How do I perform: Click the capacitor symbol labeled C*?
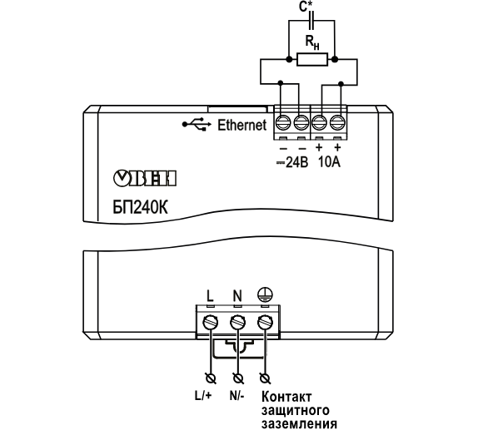click(311, 21)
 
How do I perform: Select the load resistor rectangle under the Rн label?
click(312, 59)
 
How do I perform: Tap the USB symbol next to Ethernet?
click(197, 124)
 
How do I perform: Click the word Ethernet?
click(242, 125)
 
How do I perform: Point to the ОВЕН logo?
click(145, 179)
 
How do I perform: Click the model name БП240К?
click(140, 208)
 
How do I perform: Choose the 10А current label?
click(329, 162)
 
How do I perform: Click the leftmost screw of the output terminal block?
click(283, 123)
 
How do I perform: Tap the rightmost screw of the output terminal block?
click(337, 123)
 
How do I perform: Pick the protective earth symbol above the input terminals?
click(265, 294)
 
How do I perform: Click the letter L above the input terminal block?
click(210, 295)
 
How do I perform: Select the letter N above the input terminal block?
click(237, 295)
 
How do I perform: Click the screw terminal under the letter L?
click(211, 323)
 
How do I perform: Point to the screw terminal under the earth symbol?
click(265, 323)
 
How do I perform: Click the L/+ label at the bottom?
click(203, 396)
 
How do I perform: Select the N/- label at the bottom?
click(237, 396)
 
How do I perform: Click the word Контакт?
click(286, 397)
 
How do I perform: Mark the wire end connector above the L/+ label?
click(211, 378)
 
